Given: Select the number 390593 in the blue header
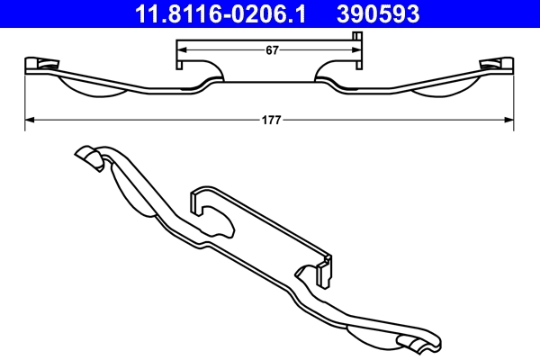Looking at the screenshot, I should pyautogui.click(x=378, y=13).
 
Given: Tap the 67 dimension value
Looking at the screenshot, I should pyautogui.click(x=271, y=51).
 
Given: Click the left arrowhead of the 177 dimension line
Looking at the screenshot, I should pyautogui.click(x=28, y=117).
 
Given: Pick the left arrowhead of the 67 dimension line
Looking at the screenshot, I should pyautogui.click(x=180, y=51).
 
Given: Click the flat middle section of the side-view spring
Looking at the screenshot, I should pyautogui.click(x=270, y=82).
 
